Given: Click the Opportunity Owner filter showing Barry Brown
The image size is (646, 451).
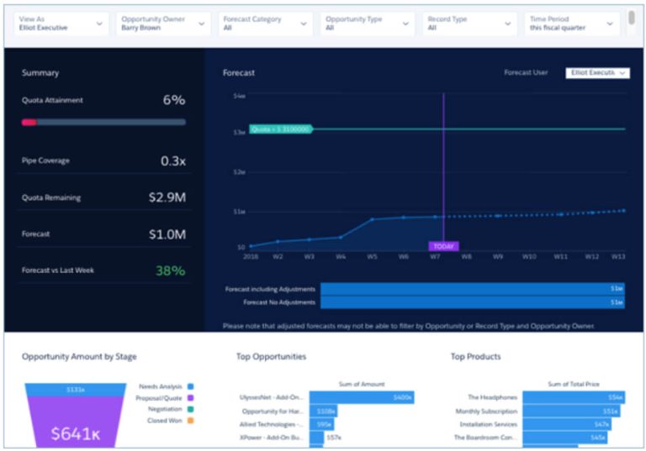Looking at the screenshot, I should (x=162, y=24).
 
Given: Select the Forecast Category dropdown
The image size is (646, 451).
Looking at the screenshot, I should (x=264, y=24).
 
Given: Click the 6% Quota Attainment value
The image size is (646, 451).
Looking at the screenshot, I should (x=173, y=100).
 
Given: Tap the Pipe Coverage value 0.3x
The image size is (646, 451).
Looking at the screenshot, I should (x=172, y=161).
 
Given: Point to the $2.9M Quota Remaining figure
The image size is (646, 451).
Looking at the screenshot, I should (x=167, y=198).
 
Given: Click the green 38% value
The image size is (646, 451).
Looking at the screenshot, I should (x=170, y=270).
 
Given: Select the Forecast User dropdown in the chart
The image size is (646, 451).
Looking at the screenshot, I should (x=597, y=73).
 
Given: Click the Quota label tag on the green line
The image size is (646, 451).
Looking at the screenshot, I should (x=280, y=129).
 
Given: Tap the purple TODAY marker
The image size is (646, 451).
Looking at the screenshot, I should (x=443, y=246).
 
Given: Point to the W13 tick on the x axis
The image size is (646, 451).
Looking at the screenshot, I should (x=618, y=256).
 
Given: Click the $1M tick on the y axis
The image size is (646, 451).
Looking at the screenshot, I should (x=239, y=212).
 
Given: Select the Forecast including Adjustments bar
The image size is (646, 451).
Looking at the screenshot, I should (x=472, y=289).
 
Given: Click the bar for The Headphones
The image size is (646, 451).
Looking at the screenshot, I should (x=572, y=397).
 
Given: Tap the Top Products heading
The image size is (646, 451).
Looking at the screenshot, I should (x=475, y=357).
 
